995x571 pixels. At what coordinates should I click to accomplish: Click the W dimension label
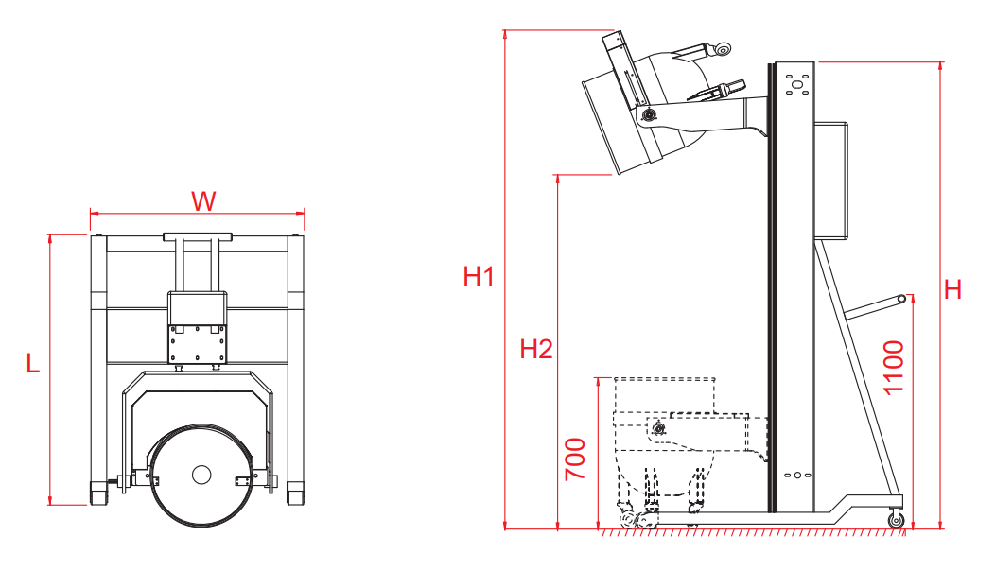(x=203, y=201)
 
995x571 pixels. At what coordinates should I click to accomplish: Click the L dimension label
(x=32, y=364)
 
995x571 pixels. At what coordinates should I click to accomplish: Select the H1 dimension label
(x=479, y=276)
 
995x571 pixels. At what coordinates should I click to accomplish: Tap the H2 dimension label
(x=536, y=349)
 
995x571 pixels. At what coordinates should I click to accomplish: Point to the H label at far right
(x=952, y=290)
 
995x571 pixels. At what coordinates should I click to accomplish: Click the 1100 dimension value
(x=894, y=368)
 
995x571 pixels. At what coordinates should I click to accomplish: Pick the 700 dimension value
(x=576, y=459)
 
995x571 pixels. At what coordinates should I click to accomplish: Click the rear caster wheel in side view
(x=896, y=520)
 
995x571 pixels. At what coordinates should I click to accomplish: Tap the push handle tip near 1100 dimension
(x=901, y=298)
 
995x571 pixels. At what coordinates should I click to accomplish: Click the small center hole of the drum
(x=201, y=474)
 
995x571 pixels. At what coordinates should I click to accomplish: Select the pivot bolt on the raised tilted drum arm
(x=648, y=114)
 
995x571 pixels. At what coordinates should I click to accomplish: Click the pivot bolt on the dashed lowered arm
(x=658, y=429)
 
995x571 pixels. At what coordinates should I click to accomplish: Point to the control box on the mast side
(x=830, y=181)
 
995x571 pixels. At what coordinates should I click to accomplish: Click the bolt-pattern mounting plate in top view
(x=198, y=343)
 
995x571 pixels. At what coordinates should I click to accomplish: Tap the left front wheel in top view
(x=98, y=493)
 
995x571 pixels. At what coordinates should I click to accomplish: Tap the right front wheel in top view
(x=295, y=493)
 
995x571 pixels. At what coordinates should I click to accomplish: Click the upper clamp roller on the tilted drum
(x=723, y=48)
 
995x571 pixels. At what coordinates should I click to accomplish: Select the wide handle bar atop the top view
(x=198, y=237)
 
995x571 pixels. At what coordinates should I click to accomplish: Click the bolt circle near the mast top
(x=797, y=84)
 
